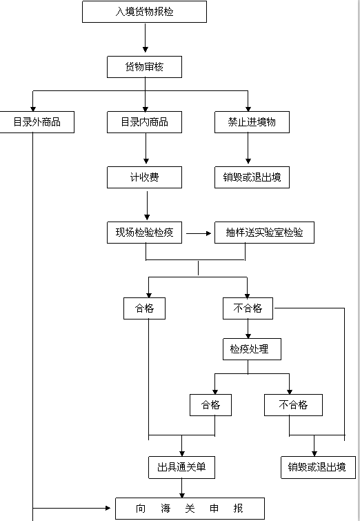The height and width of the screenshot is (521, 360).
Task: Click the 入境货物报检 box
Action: pos(144,12)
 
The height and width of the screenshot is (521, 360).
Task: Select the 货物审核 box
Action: pos(144,67)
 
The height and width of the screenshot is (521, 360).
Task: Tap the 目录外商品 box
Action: pos(37,122)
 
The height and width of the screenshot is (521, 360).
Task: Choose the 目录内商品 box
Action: pos(144,122)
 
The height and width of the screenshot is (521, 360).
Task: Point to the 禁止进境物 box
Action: pos(252,122)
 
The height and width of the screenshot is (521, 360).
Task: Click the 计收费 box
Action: pos(144,177)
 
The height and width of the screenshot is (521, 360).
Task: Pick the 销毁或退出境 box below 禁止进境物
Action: pos(252,177)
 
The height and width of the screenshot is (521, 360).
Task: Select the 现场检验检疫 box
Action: pos(144,233)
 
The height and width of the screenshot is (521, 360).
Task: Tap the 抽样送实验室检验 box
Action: pos(264,233)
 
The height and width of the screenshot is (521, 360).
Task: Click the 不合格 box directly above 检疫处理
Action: pos(248,308)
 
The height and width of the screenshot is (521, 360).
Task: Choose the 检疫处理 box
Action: pos(252,349)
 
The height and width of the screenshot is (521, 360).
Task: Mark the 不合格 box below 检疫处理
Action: pos(293,404)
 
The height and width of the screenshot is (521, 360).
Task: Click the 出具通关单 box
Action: pos(181,467)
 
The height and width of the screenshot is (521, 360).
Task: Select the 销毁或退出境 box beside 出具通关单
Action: pos(318,467)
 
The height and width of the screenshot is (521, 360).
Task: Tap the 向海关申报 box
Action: pos(190,509)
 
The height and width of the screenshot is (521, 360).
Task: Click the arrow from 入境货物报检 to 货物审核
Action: pos(145,37)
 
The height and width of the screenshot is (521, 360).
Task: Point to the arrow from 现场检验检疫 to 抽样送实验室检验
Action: pos(199,233)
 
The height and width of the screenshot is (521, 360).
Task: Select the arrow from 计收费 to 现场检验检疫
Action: pos(147,205)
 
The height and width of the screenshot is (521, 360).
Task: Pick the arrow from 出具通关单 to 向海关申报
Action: pos(181,488)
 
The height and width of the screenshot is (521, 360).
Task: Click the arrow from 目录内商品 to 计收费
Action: pos(146,148)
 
